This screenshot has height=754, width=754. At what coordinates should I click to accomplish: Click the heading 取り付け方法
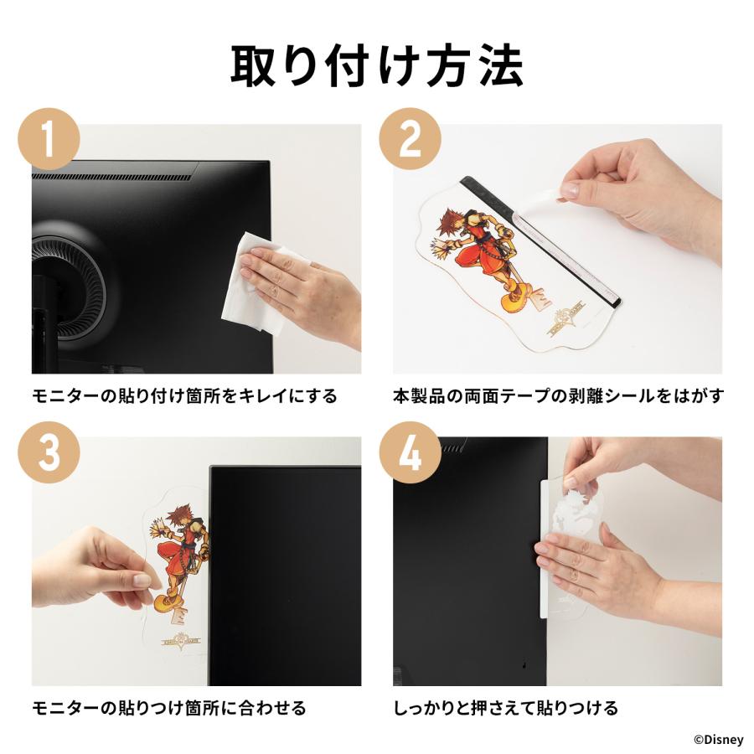click(x=377, y=66)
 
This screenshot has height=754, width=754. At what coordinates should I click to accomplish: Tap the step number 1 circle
click(x=49, y=139)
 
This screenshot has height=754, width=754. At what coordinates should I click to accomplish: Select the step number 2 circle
click(x=411, y=139)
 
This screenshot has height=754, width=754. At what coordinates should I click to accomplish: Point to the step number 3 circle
click(x=49, y=452)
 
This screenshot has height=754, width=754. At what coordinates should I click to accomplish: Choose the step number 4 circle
click(x=411, y=452)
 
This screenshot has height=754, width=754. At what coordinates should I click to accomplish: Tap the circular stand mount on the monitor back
click(x=72, y=281)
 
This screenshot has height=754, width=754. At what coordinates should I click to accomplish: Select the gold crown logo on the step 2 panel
click(x=567, y=320)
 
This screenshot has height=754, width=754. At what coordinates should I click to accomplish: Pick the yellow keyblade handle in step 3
click(x=166, y=601)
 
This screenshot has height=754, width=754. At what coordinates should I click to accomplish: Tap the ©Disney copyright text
click(x=719, y=739)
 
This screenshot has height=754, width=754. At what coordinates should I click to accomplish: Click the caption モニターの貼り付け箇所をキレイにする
click(x=184, y=396)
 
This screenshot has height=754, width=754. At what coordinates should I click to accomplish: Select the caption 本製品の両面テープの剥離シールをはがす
click(x=558, y=396)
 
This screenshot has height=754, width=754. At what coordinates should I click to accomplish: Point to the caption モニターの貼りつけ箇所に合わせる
click(x=168, y=708)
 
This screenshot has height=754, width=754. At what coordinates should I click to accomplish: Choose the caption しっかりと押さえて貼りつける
click(x=505, y=708)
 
